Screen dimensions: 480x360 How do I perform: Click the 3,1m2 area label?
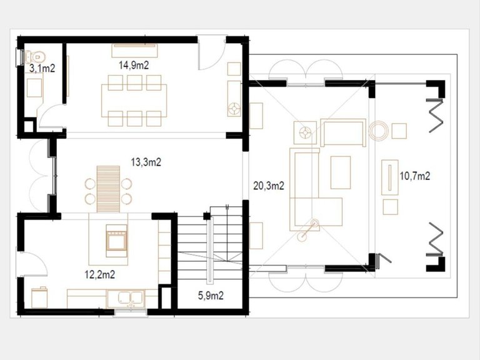(x=42, y=69)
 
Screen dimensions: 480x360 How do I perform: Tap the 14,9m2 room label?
(x=134, y=65)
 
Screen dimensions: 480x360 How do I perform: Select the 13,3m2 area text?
(x=146, y=162)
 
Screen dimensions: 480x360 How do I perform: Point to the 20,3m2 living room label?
(x=269, y=186)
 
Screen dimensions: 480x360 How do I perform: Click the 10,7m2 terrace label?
(x=415, y=176)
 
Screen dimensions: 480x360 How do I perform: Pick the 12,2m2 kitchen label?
(x=100, y=274)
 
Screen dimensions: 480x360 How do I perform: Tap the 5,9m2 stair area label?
(x=211, y=296)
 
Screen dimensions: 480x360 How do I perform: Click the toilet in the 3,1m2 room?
(x=35, y=57)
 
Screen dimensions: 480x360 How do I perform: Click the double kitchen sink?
(x=131, y=298)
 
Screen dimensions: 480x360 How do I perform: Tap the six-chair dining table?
(x=134, y=101)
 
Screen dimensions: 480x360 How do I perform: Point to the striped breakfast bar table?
(x=108, y=189)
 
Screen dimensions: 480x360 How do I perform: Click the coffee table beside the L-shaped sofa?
(x=341, y=172)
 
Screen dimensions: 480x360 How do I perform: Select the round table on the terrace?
(x=379, y=131)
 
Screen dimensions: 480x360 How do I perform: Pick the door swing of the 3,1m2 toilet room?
(x=51, y=116)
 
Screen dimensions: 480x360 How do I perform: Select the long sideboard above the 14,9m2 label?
(x=135, y=51)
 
